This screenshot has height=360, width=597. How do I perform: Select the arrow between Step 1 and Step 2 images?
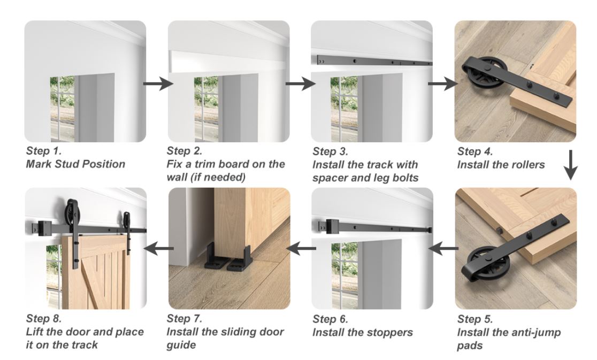pyautogui.click(x=157, y=84)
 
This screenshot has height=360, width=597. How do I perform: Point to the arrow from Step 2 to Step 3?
pyautogui.click(x=300, y=84)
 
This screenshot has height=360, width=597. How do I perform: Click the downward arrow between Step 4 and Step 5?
pyautogui.click(x=572, y=166)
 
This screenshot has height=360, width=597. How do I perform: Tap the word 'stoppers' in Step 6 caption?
pyautogui.click(x=390, y=332)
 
